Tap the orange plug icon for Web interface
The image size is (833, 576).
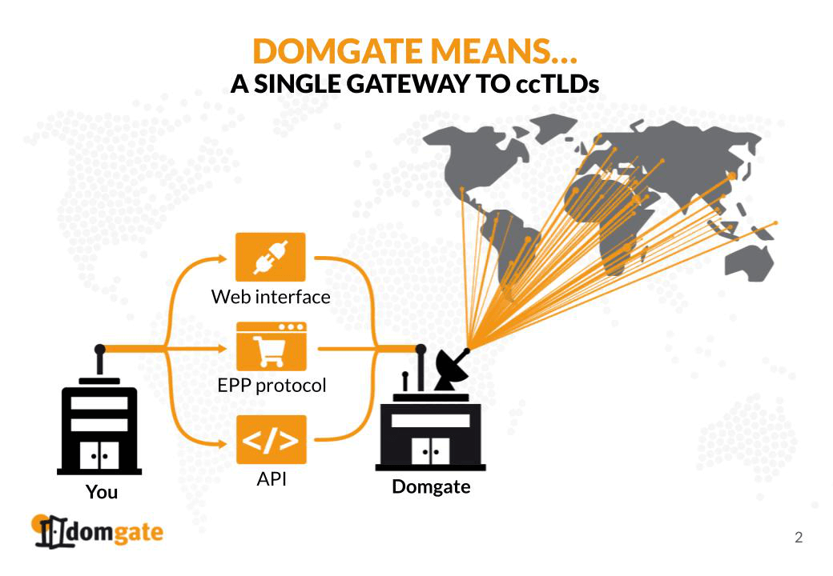pos(271,256)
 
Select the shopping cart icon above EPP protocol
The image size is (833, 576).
pos(271,346)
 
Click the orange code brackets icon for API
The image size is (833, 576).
pos(271,439)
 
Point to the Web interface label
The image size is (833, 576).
pos(271,297)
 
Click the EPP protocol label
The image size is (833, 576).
pos(272,386)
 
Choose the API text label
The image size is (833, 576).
pos(272,479)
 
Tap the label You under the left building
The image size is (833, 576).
pos(102,492)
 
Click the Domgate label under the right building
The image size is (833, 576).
pos(431,486)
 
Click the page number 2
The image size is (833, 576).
pos(798,537)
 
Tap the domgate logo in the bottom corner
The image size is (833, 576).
pos(97,531)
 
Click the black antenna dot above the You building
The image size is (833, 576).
pos(99,349)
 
